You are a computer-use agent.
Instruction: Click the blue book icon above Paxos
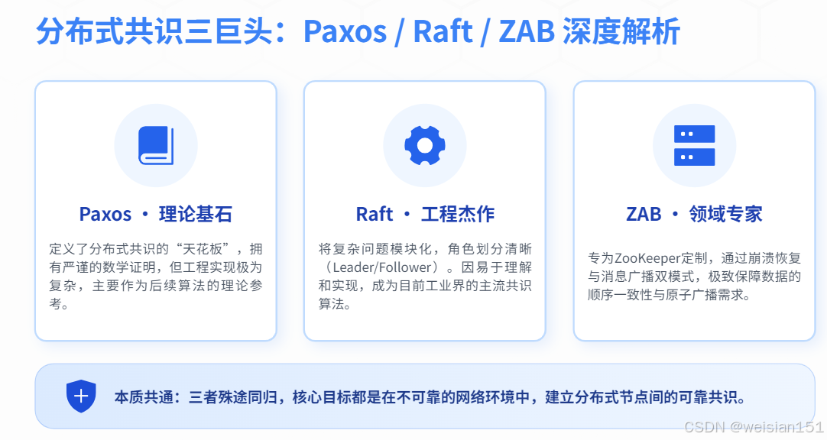point(156,145)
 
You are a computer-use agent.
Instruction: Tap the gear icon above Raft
point(424,145)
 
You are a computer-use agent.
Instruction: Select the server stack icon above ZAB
point(694,145)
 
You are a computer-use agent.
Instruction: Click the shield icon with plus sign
point(82,396)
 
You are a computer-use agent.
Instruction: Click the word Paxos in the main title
point(345,32)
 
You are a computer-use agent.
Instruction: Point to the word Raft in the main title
point(443,32)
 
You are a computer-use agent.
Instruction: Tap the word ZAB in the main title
point(527,32)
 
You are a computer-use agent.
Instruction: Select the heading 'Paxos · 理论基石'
point(155,214)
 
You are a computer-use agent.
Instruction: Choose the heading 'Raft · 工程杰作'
point(425,214)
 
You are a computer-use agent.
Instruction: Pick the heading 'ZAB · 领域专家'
point(694,214)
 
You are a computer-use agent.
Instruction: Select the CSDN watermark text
point(753,427)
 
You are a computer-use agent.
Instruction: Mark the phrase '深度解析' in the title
point(621,32)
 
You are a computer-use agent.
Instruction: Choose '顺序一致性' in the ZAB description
point(618,294)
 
